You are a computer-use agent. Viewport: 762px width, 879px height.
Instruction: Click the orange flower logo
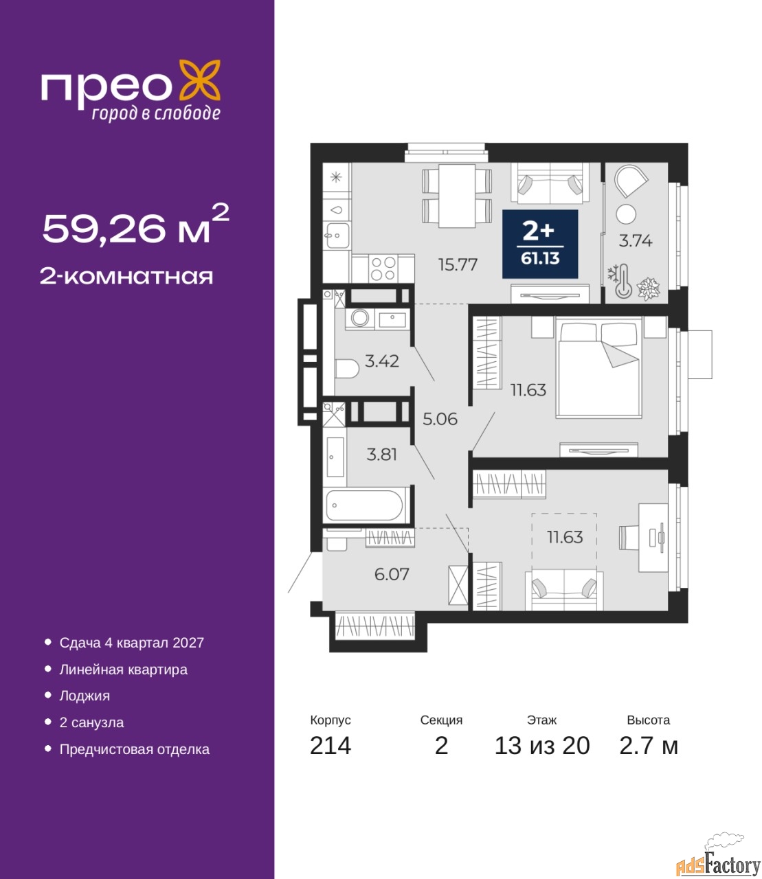(x=199, y=80)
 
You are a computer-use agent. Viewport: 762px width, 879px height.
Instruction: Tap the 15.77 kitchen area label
(x=458, y=264)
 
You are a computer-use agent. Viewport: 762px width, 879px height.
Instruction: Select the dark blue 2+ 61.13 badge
(x=540, y=244)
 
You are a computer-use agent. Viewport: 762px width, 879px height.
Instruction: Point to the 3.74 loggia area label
(x=635, y=241)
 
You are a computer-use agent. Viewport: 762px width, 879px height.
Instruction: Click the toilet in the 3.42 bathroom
(x=347, y=368)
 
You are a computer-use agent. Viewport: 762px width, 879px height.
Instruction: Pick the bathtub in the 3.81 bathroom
(x=364, y=505)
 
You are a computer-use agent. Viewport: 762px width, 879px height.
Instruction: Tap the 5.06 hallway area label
(x=440, y=419)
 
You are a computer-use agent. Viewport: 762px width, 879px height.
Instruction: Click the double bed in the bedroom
(x=598, y=368)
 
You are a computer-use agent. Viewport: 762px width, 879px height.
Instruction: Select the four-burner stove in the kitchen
(x=383, y=269)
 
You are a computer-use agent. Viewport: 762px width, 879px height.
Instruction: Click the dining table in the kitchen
(x=457, y=196)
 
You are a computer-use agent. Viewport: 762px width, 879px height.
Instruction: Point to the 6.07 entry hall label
(x=392, y=574)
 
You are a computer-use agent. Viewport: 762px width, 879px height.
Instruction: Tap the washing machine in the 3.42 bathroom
(x=360, y=318)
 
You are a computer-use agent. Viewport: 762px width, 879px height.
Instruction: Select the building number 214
(x=330, y=746)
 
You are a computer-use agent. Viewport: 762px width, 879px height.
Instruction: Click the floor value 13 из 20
(x=542, y=746)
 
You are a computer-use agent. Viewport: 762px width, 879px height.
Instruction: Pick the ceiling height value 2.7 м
(x=649, y=746)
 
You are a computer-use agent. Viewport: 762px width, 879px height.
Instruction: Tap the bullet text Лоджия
(x=85, y=696)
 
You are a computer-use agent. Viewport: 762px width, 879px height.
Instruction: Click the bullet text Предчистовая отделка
(x=135, y=749)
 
